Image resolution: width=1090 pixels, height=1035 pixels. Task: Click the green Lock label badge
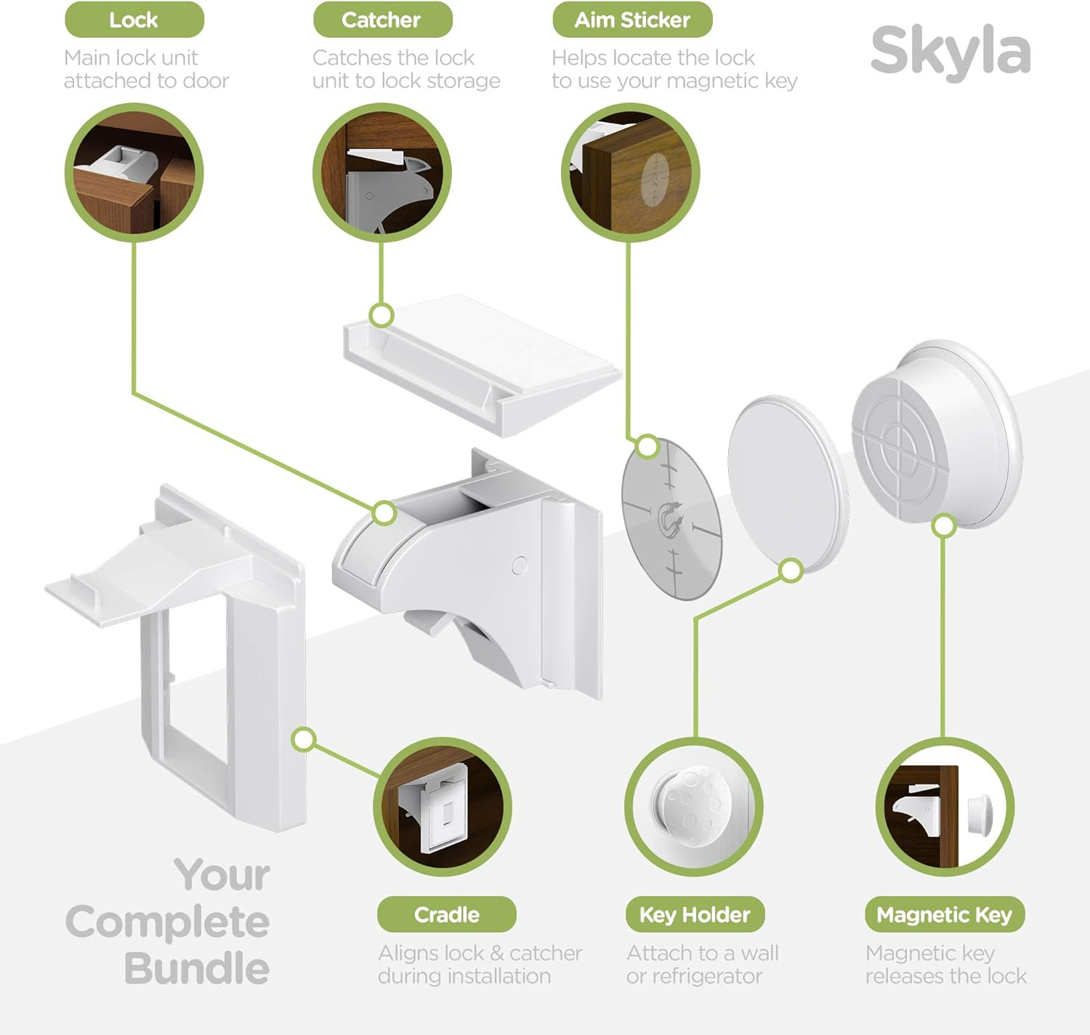134,20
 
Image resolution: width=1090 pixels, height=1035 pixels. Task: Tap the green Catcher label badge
381,20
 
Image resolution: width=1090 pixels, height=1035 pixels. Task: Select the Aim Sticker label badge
632,20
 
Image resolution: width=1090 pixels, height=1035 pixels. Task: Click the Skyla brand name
950,50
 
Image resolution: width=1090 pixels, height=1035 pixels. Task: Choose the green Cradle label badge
446,914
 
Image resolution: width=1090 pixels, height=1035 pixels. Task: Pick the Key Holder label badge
695,914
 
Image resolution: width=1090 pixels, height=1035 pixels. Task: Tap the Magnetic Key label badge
944,914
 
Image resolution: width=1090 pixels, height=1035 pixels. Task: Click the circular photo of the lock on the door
134,172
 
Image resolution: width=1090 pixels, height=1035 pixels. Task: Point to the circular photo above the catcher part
382,172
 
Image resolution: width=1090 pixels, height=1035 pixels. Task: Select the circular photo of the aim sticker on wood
631,172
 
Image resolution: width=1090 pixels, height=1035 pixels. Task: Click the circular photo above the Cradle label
443,806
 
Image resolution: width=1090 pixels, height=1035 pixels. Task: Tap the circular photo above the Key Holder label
693,806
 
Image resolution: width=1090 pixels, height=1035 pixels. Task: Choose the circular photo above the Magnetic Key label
944,806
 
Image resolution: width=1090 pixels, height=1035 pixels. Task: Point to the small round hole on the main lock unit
520,565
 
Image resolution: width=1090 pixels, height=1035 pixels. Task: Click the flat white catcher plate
483,360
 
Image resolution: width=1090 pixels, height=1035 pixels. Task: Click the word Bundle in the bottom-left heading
197,969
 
